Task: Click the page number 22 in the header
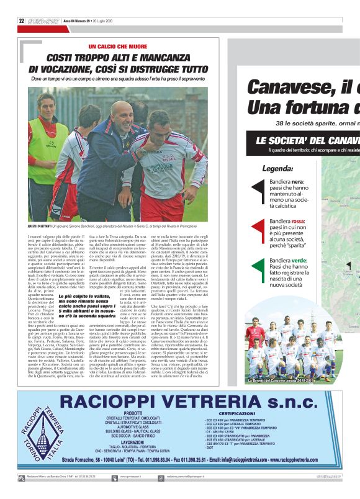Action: (x=21, y=20)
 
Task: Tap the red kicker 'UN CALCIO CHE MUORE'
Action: (x=119, y=47)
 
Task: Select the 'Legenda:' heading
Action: (x=277, y=168)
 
